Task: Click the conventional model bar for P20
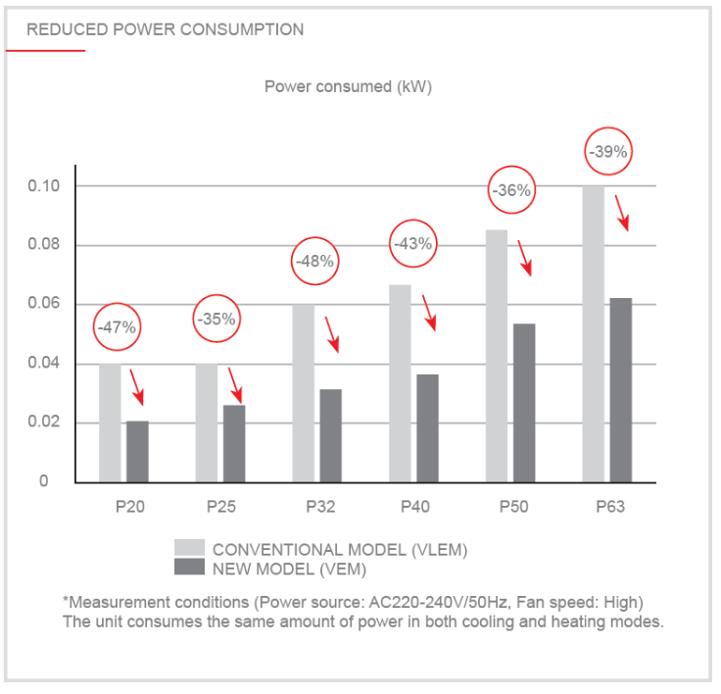[110, 422]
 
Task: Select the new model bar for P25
[233, 443]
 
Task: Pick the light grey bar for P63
[594, 333]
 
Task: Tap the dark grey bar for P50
[524, 402]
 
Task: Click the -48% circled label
[317, 262]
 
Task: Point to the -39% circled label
[607, 152]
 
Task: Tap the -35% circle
[216, 319]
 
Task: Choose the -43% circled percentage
[413, 244]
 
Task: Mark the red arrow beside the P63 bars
[621, 212]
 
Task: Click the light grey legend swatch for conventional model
[188, 547]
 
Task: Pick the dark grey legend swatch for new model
[188, 567]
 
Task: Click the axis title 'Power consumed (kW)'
[348, 86]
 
